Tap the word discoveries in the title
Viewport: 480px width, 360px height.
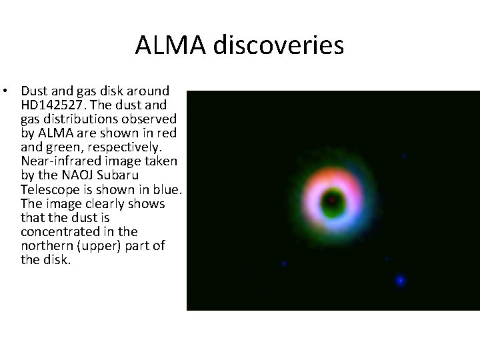pos(279,45)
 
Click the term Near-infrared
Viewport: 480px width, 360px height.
pos(60,161)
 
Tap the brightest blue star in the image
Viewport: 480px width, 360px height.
pos(400,281)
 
